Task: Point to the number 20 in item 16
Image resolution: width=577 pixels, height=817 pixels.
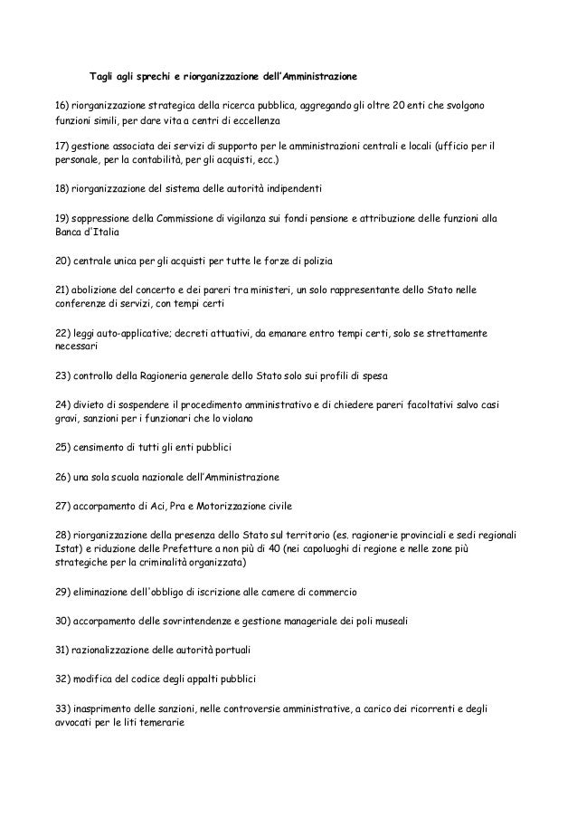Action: (413, 105)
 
